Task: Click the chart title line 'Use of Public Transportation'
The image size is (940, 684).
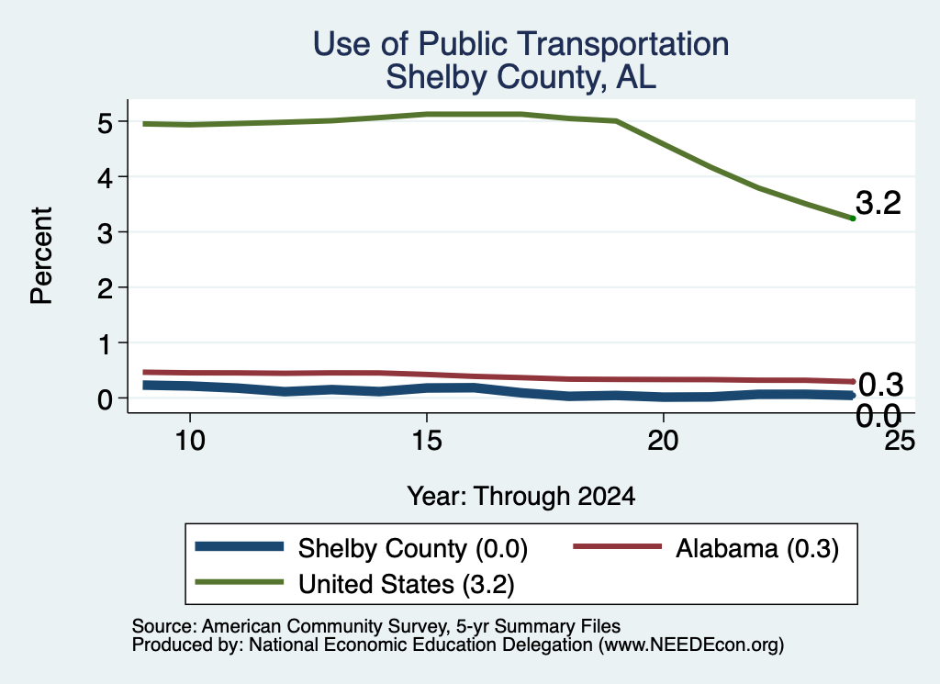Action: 521,44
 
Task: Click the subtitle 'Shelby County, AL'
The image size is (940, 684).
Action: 521,77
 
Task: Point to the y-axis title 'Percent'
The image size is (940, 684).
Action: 41,255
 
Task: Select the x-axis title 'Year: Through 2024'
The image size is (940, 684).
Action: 521,497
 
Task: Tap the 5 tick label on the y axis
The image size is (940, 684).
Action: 105,123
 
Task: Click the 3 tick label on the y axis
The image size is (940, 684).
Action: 105,233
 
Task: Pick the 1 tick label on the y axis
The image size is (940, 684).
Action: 106,344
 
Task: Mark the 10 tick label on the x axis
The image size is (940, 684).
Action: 190,441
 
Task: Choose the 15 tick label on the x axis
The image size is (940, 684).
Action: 427,441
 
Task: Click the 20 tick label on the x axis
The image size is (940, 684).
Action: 663,441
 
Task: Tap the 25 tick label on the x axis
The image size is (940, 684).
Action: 900,441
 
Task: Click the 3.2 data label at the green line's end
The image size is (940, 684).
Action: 878,203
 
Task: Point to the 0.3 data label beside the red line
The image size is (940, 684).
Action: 880,385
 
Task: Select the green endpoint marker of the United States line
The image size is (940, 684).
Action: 853,219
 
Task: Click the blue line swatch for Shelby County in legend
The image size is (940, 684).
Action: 240,546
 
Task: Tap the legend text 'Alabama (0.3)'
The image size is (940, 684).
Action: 757,548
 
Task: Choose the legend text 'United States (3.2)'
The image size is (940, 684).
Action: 407,585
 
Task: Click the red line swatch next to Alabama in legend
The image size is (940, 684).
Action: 618,546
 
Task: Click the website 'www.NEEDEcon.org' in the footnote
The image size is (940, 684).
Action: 691,645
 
